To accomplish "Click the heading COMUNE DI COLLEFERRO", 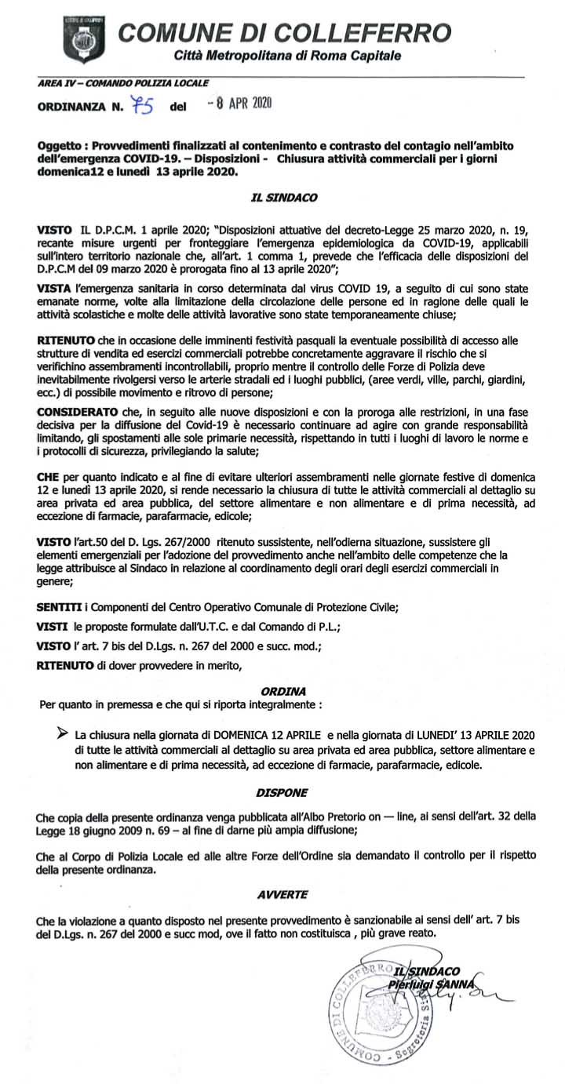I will click(284, 34).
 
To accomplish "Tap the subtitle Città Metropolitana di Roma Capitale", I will click(287, 57).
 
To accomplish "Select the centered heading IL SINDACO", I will click(283, 198).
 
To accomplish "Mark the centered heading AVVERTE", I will click(282, 893).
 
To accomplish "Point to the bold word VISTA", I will click(53, 289).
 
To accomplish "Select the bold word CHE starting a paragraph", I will click(49, 476).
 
